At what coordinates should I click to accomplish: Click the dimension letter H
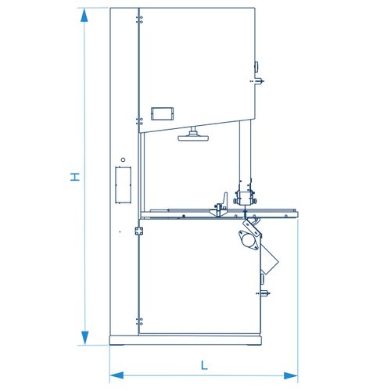click(75, 177)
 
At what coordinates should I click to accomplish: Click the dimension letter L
click(204, 365)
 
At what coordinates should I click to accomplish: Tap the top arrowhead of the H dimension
click(84, 15)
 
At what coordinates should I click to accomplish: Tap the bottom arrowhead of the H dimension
click(84, 338)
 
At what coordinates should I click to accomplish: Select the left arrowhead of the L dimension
click(117, 375)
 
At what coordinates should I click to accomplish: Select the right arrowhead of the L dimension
click(291, 375)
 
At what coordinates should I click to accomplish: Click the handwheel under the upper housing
click(193, 135)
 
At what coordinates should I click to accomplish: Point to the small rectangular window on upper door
click(162, 113)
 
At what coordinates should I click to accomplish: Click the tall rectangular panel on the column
click(123, 185)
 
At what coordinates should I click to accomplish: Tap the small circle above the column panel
click(123, 160)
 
